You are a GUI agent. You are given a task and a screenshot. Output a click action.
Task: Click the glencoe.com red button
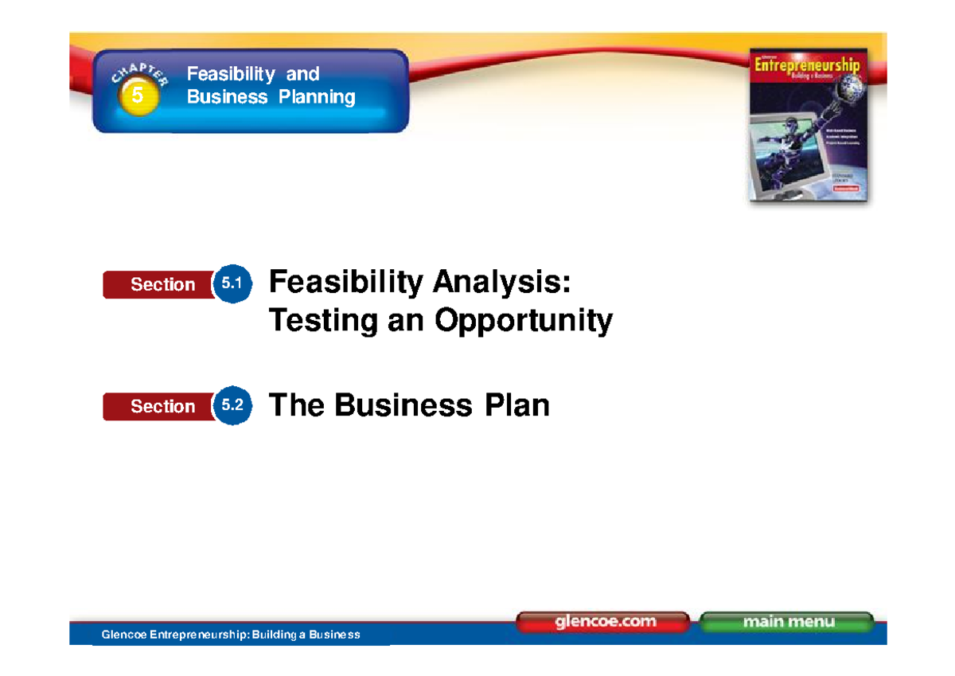pos(602,622)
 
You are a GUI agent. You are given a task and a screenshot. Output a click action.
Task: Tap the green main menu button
pos(787,622)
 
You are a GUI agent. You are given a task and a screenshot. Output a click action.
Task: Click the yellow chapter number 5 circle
pos(138,96)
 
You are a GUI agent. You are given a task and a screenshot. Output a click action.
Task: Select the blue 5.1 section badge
pos(233,283)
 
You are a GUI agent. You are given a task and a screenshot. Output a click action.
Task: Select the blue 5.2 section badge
pos(233,406)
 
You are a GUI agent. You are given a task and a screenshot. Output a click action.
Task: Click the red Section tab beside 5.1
pos(162,285)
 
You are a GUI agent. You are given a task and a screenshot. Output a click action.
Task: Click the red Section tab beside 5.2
pos(162,407)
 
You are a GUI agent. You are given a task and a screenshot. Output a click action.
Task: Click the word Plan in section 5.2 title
pos(516,405)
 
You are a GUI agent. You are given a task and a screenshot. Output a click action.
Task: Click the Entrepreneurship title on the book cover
pos(807,65)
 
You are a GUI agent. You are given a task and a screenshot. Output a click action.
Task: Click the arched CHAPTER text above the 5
pos(139,76)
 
